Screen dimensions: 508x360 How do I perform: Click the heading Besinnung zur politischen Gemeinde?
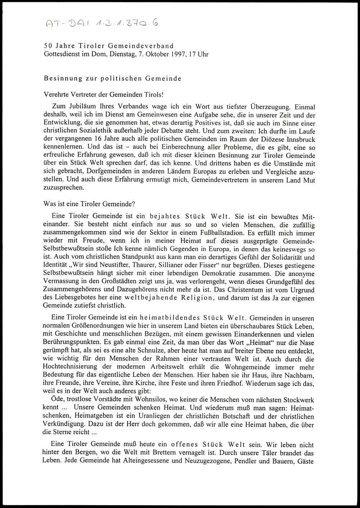[112, 78]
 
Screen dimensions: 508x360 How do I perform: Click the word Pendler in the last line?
[247, 461]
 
